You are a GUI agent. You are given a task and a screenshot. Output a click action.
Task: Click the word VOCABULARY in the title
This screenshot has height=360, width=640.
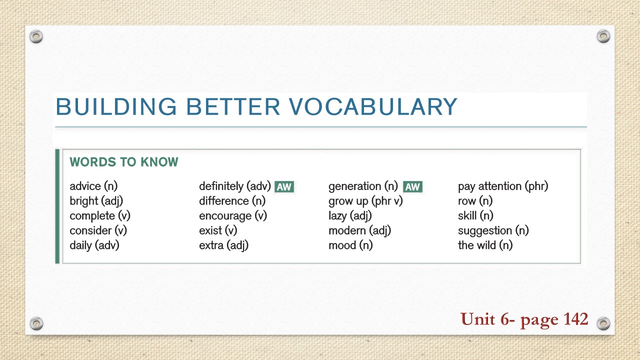click(373, 107)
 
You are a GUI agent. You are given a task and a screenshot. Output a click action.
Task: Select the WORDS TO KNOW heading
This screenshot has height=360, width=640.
click(123, 162)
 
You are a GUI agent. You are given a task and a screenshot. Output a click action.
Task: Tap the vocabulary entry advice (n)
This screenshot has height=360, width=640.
click(93, 186)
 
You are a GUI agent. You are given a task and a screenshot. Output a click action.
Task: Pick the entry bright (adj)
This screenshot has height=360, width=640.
click(96, 201)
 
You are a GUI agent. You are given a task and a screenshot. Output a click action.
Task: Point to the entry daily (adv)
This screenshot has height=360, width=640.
click(94, 245)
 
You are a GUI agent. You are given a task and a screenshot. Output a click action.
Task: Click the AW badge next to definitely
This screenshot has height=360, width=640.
click(284, 187)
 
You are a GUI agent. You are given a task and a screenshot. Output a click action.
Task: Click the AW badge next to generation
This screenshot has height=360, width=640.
click(412, 187)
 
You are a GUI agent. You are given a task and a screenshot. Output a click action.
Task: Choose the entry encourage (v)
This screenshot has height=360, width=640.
click(233, 216)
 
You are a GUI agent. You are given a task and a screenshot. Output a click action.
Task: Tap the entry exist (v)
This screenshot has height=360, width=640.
click(218, 230)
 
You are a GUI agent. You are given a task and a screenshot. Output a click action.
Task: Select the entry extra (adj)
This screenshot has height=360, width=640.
click(223, 245)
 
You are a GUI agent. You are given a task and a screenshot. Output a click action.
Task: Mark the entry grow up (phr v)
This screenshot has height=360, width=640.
click(365, 201)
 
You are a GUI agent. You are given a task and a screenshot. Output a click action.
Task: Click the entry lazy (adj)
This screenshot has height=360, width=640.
click(350, 216)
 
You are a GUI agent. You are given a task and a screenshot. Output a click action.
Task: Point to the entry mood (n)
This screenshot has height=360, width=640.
click(350, 245)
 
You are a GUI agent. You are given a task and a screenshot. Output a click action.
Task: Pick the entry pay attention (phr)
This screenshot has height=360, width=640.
click(503, 186)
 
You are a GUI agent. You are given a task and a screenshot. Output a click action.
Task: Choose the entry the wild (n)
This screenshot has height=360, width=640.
click(485, 245)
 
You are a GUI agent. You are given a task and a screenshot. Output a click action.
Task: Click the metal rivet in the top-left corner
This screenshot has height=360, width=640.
click(36, 36)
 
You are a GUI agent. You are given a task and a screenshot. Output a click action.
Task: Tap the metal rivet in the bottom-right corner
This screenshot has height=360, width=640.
click(603, 322)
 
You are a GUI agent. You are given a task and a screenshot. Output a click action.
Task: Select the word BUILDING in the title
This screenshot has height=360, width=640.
click(116, 107)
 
